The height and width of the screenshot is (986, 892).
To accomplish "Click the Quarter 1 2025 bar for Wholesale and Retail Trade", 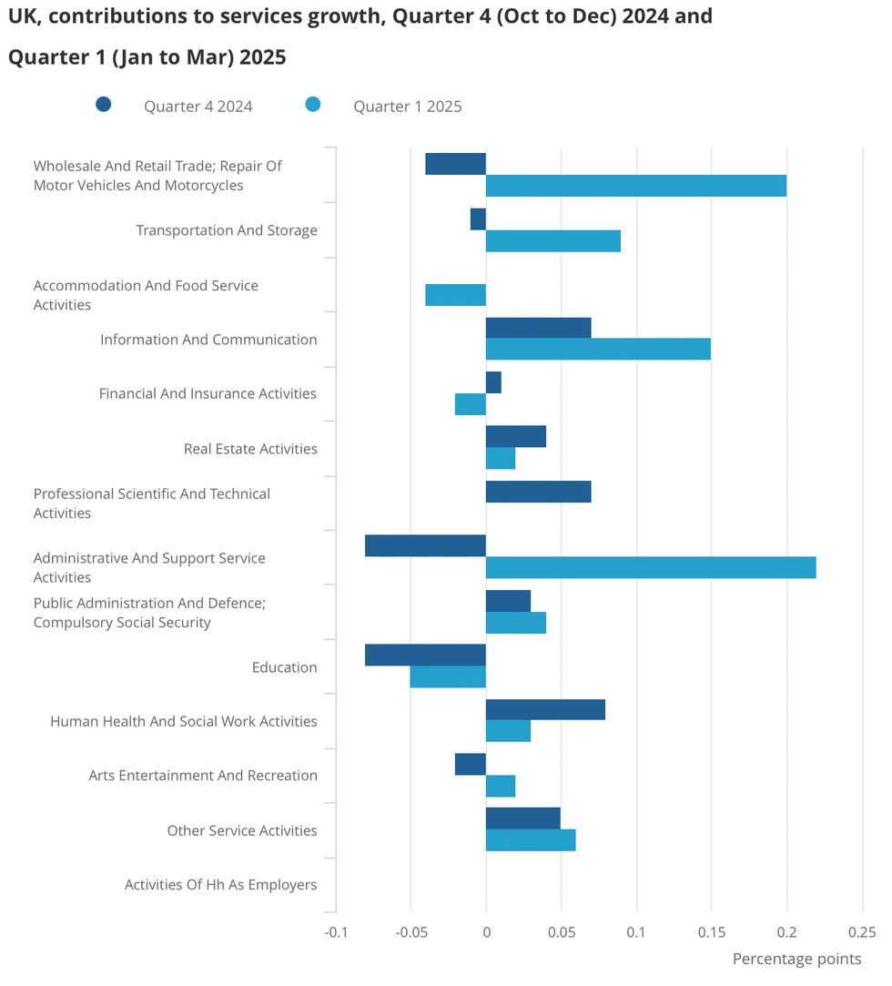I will tap(635, 186).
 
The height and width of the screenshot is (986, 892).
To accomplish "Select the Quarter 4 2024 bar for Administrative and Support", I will tap(425, 545).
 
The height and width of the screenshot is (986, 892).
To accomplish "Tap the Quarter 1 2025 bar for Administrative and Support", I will tap(650, 567).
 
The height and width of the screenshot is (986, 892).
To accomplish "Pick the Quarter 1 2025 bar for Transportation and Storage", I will tap(552, 240).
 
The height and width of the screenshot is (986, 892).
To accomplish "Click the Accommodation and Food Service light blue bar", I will tap(455, 295).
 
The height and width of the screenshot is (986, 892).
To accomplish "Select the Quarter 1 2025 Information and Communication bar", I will tap(597, 349).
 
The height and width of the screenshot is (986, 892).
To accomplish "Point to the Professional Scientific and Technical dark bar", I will tap(538, 492).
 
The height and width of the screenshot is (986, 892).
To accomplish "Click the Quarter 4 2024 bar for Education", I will tap(425, 655).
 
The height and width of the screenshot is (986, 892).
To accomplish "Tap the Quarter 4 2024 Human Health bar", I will tap(545, 709).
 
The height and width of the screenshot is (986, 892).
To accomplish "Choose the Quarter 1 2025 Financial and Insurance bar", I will tap(471, 404).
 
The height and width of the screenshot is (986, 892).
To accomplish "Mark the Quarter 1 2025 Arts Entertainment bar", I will tap(501, 786).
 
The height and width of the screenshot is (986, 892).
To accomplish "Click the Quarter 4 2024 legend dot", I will tap(104, 105).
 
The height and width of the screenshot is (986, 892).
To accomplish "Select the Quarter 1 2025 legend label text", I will tap(407, 107).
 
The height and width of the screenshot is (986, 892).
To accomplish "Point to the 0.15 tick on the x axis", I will tap(712, 932).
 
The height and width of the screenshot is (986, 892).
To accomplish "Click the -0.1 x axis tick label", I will tap(337, 932).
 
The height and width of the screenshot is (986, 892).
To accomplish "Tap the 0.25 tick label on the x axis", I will tap(862, 932).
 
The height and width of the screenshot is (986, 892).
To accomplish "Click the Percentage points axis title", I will tap(796, 959).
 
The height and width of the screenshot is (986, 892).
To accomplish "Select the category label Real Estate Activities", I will tap(250, 449).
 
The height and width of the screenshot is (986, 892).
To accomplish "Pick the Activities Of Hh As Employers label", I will tap(220, 885).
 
